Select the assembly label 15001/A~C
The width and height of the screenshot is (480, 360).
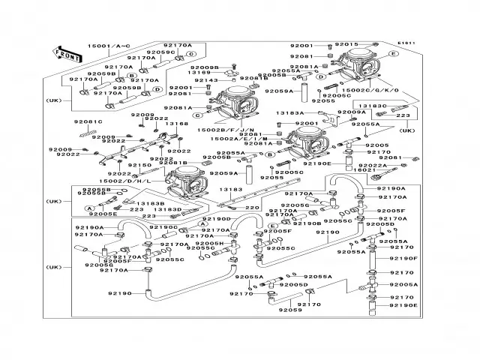click(x=110, y=46)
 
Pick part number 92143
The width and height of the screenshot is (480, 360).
click(x=205, y=80)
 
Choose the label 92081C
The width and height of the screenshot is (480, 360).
click(x=88, y=121)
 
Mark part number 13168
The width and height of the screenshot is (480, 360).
click(x=177, y=124)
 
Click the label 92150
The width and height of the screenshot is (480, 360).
click(x=140, y=164)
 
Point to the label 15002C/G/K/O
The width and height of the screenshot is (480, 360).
click(x=373, y=90)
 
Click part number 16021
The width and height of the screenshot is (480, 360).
click(x=364, y=171)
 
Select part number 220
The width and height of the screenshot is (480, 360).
click(x=253, y=208)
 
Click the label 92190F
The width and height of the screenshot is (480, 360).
click(x=403, y=259)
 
